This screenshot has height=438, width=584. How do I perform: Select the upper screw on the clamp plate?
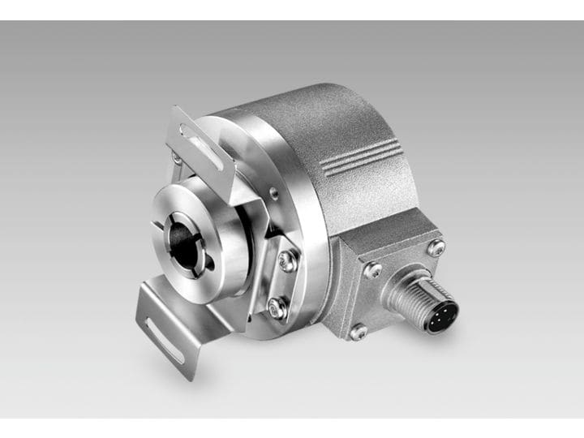coord(286,260)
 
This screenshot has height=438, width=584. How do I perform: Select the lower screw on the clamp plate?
coord(277,307)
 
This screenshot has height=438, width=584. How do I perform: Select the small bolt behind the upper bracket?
coord(177,159)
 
